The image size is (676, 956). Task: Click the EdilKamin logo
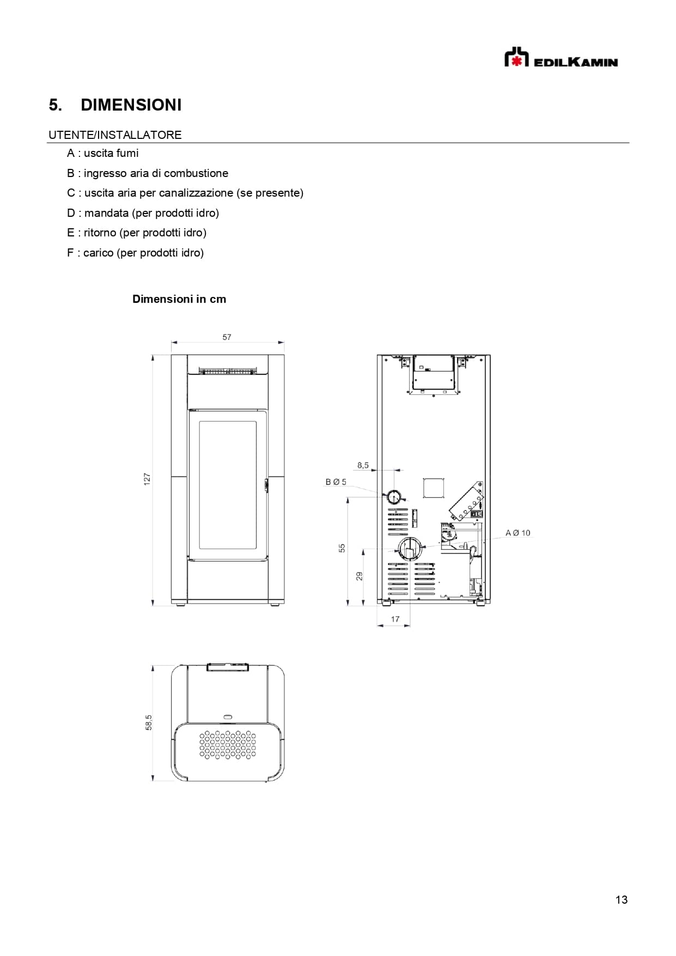561,58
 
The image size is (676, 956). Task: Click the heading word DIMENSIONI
131,105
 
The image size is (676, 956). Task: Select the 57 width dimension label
227,337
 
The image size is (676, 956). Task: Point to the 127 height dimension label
147,479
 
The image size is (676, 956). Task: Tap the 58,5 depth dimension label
149,722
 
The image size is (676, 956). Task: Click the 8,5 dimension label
363,465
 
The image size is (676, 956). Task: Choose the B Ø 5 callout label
336,482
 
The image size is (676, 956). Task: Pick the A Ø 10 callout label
517,533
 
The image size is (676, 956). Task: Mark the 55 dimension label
342,548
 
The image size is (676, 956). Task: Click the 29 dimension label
359,576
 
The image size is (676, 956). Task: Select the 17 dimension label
395,619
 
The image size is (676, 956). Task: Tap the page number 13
621,900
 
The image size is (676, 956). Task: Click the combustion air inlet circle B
393,497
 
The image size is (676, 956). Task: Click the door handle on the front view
266,485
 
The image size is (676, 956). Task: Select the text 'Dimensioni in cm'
179,299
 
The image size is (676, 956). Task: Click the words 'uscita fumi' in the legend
111,153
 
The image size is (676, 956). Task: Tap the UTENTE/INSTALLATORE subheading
115,135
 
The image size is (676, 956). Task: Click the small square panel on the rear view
434,488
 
